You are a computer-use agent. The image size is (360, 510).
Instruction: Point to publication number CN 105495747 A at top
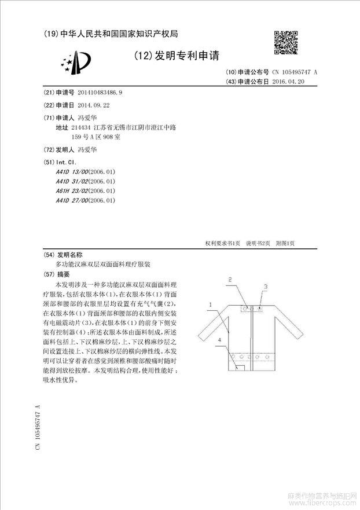click(x=295, y=72)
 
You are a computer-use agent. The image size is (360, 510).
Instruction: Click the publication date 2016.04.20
click(x=288, y=82)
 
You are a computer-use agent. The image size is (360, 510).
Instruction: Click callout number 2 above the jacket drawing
click(x=230, y=280)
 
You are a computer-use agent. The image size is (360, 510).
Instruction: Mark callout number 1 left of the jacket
click(x=211, y=304)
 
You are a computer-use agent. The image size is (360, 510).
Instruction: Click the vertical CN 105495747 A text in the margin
click(x=38, y=429)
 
